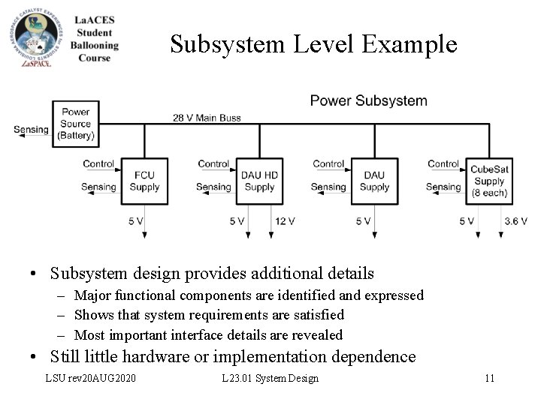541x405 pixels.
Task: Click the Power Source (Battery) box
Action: click(76, 124)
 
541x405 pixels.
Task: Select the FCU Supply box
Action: click(144, 181)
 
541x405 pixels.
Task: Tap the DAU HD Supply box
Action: click(260, 181)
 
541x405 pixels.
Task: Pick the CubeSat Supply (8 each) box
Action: click(489, 181)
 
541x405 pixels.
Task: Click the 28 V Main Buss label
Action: click(207, 117)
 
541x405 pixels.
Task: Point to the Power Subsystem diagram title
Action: click(368, 100)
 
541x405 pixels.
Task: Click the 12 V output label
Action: click(285, 220)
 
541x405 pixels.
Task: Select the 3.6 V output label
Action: click(516, 220)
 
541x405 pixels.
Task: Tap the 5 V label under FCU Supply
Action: click(136, 220)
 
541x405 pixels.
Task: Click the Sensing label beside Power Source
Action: click(31, 130)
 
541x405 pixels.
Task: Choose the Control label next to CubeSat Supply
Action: click(443, 163)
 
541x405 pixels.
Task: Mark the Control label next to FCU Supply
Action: click(98, 163)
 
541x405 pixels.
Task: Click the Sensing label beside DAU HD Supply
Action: click(213, 187)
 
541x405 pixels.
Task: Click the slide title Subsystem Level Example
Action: click(313, 44)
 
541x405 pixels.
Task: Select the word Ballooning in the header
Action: click(95, 45)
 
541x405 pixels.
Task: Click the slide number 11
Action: click(489, 378)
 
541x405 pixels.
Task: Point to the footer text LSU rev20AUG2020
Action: click(91, 378)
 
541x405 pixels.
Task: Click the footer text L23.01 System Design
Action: click(270, 378)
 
